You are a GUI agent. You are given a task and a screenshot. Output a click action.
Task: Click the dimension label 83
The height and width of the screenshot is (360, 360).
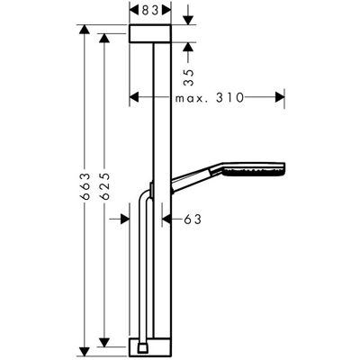point(150,11)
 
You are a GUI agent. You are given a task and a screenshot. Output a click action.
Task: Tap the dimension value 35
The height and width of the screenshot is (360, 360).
point(189,77)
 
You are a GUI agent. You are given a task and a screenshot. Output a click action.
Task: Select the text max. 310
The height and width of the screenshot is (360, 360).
point(210,97)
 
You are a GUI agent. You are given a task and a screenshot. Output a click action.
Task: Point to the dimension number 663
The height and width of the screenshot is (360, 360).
point(85,186)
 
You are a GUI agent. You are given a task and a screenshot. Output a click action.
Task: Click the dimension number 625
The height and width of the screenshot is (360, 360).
point(104,186)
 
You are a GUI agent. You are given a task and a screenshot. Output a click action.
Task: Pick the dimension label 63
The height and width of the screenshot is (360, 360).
point(193,220)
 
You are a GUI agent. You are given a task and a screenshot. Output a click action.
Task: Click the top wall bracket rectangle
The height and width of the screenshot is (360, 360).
point(150,33)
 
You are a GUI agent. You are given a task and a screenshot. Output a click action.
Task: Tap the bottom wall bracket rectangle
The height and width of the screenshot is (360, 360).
point(150,347)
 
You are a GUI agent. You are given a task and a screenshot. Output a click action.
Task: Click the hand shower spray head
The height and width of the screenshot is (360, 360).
point(254,169)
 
